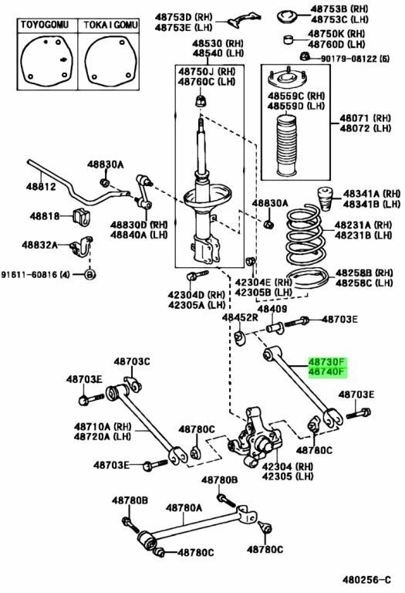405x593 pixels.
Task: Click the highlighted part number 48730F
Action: coord(327,361)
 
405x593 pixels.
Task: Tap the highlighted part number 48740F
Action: coord(327,372)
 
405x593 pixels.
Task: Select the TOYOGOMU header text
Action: coord(45,25)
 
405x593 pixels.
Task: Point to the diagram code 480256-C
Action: coord(366,580)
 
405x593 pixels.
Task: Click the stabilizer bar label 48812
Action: coord(41,186)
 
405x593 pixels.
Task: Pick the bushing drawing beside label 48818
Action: coord(80,216)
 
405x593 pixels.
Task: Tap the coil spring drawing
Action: coord(305,235)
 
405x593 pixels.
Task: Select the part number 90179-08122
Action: coord(349,59)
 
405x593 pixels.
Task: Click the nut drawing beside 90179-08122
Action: coord(305,56)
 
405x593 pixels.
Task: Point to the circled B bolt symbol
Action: coord(89,274)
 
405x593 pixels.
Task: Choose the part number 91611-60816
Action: coord(31,275)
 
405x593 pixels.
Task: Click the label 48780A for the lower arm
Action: coord(184,508)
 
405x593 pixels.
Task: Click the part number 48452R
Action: coord(240,317)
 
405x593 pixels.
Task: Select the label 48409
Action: coord(273,309)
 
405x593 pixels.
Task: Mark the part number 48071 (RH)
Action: coord(366,118)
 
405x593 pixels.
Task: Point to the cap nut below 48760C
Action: coord(201,101)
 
